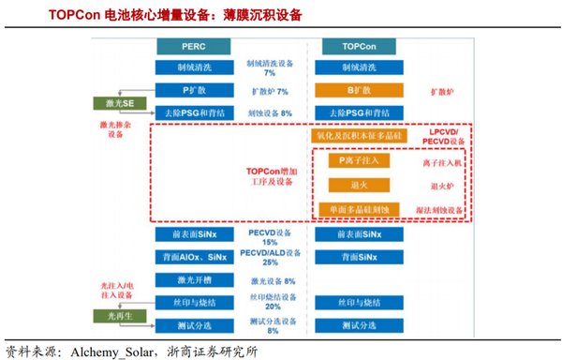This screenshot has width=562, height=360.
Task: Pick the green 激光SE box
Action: click(x=114, y=102)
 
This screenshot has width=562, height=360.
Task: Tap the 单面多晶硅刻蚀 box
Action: click(x=359, y=208)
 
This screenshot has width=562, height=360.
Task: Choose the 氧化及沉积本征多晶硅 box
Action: click(x=359, y=137)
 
